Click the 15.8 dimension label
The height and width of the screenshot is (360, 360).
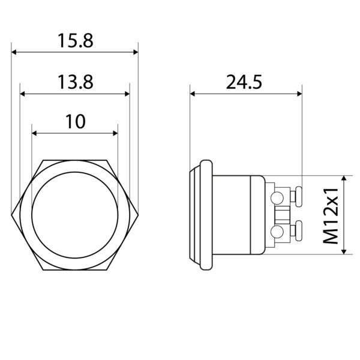pos(76,41)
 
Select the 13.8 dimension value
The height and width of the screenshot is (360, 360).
pos(76,82)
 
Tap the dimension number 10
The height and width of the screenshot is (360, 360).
pos(76,122)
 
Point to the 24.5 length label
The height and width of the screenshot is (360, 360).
pos(244,82)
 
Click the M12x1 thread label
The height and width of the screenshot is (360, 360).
pos(331,216)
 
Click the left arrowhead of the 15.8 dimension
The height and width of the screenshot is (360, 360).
pos(14,52)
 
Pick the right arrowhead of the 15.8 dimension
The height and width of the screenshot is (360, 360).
pos(136,52)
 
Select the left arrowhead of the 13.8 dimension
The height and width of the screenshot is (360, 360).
pos(22,94)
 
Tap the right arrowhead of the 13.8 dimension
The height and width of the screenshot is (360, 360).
pos(127,94)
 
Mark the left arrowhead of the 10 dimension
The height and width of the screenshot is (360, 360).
pos(34,133)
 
